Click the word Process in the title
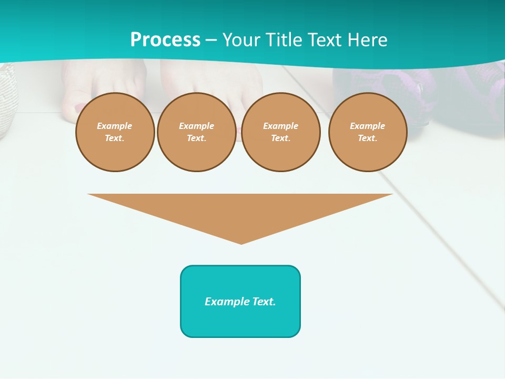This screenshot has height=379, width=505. pos(165,40)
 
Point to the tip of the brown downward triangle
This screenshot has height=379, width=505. pos(241,243)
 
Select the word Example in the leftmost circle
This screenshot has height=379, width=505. pos(115,126)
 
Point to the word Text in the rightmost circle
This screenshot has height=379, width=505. pos(367,138)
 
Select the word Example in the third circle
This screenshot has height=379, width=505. pos(280,126)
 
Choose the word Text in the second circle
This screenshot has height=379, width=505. pos(196,138)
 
